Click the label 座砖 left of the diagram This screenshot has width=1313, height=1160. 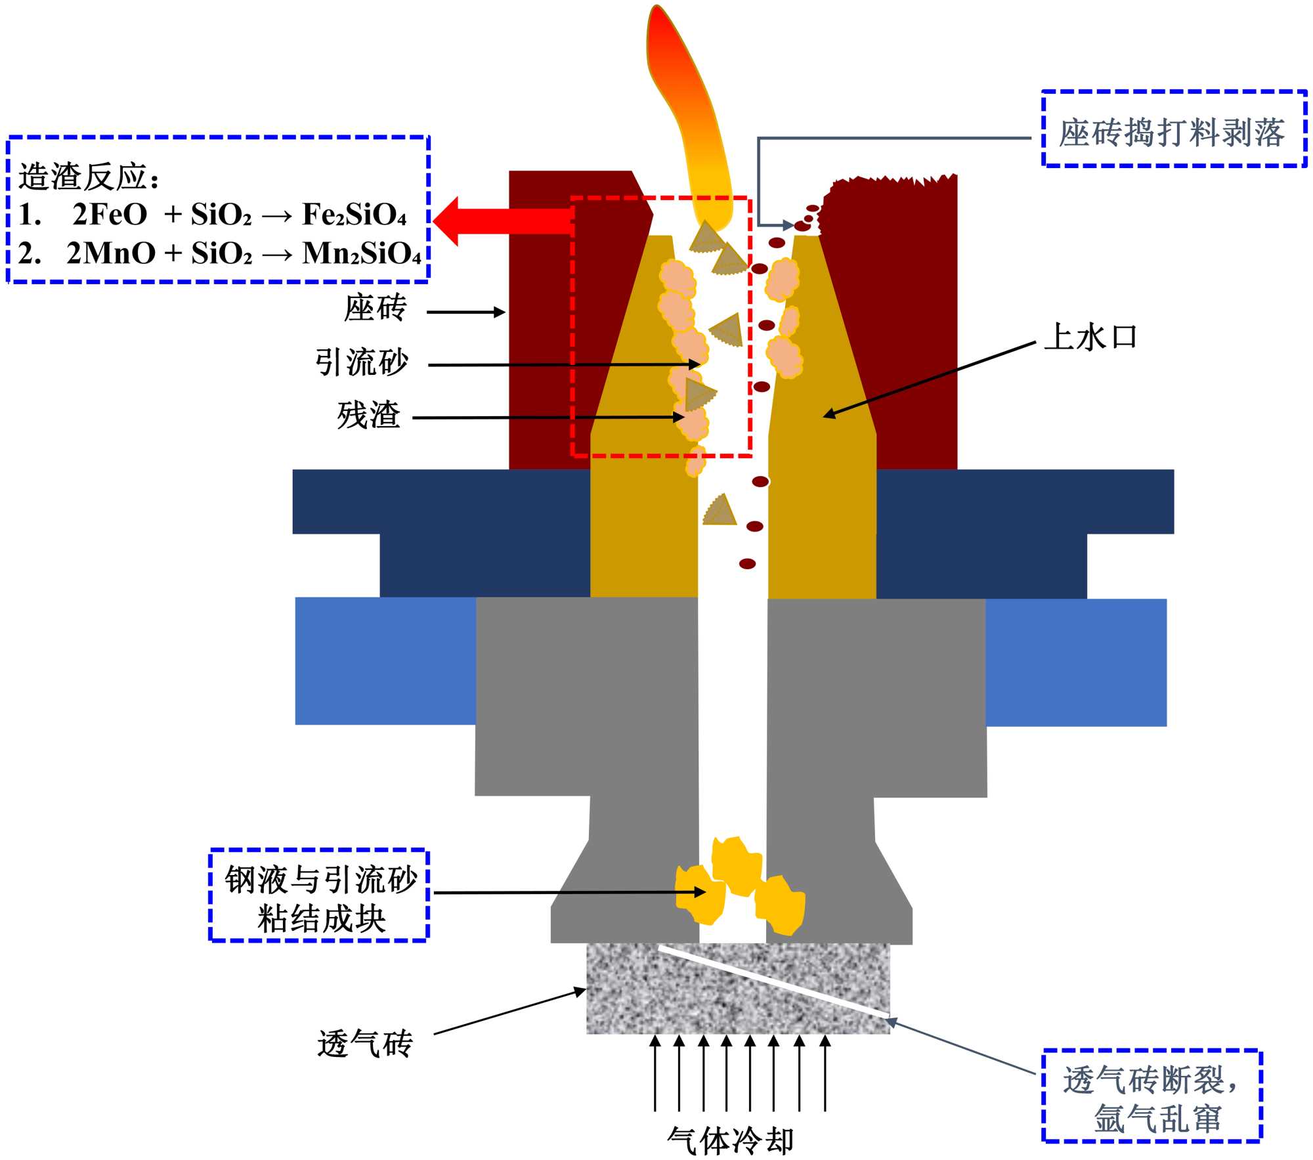coord(375,308)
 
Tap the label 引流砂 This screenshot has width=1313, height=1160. coord(362,362)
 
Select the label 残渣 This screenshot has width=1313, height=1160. coord(368,415)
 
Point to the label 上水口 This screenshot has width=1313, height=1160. coord(1090,337)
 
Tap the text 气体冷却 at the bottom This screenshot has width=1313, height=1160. coord(730,1141)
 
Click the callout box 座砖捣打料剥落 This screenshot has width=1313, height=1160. coord(1173,130)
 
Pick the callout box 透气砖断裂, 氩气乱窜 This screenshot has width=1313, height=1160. coord(1152,1099)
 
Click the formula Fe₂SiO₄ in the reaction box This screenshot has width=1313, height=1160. coord(355,215)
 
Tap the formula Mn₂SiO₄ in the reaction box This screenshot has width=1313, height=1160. coord(362,254)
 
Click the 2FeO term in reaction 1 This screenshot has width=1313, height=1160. coord(110,215)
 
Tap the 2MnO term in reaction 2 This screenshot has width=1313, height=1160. coord(111,254)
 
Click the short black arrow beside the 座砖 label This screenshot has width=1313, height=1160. coord(465,312)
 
